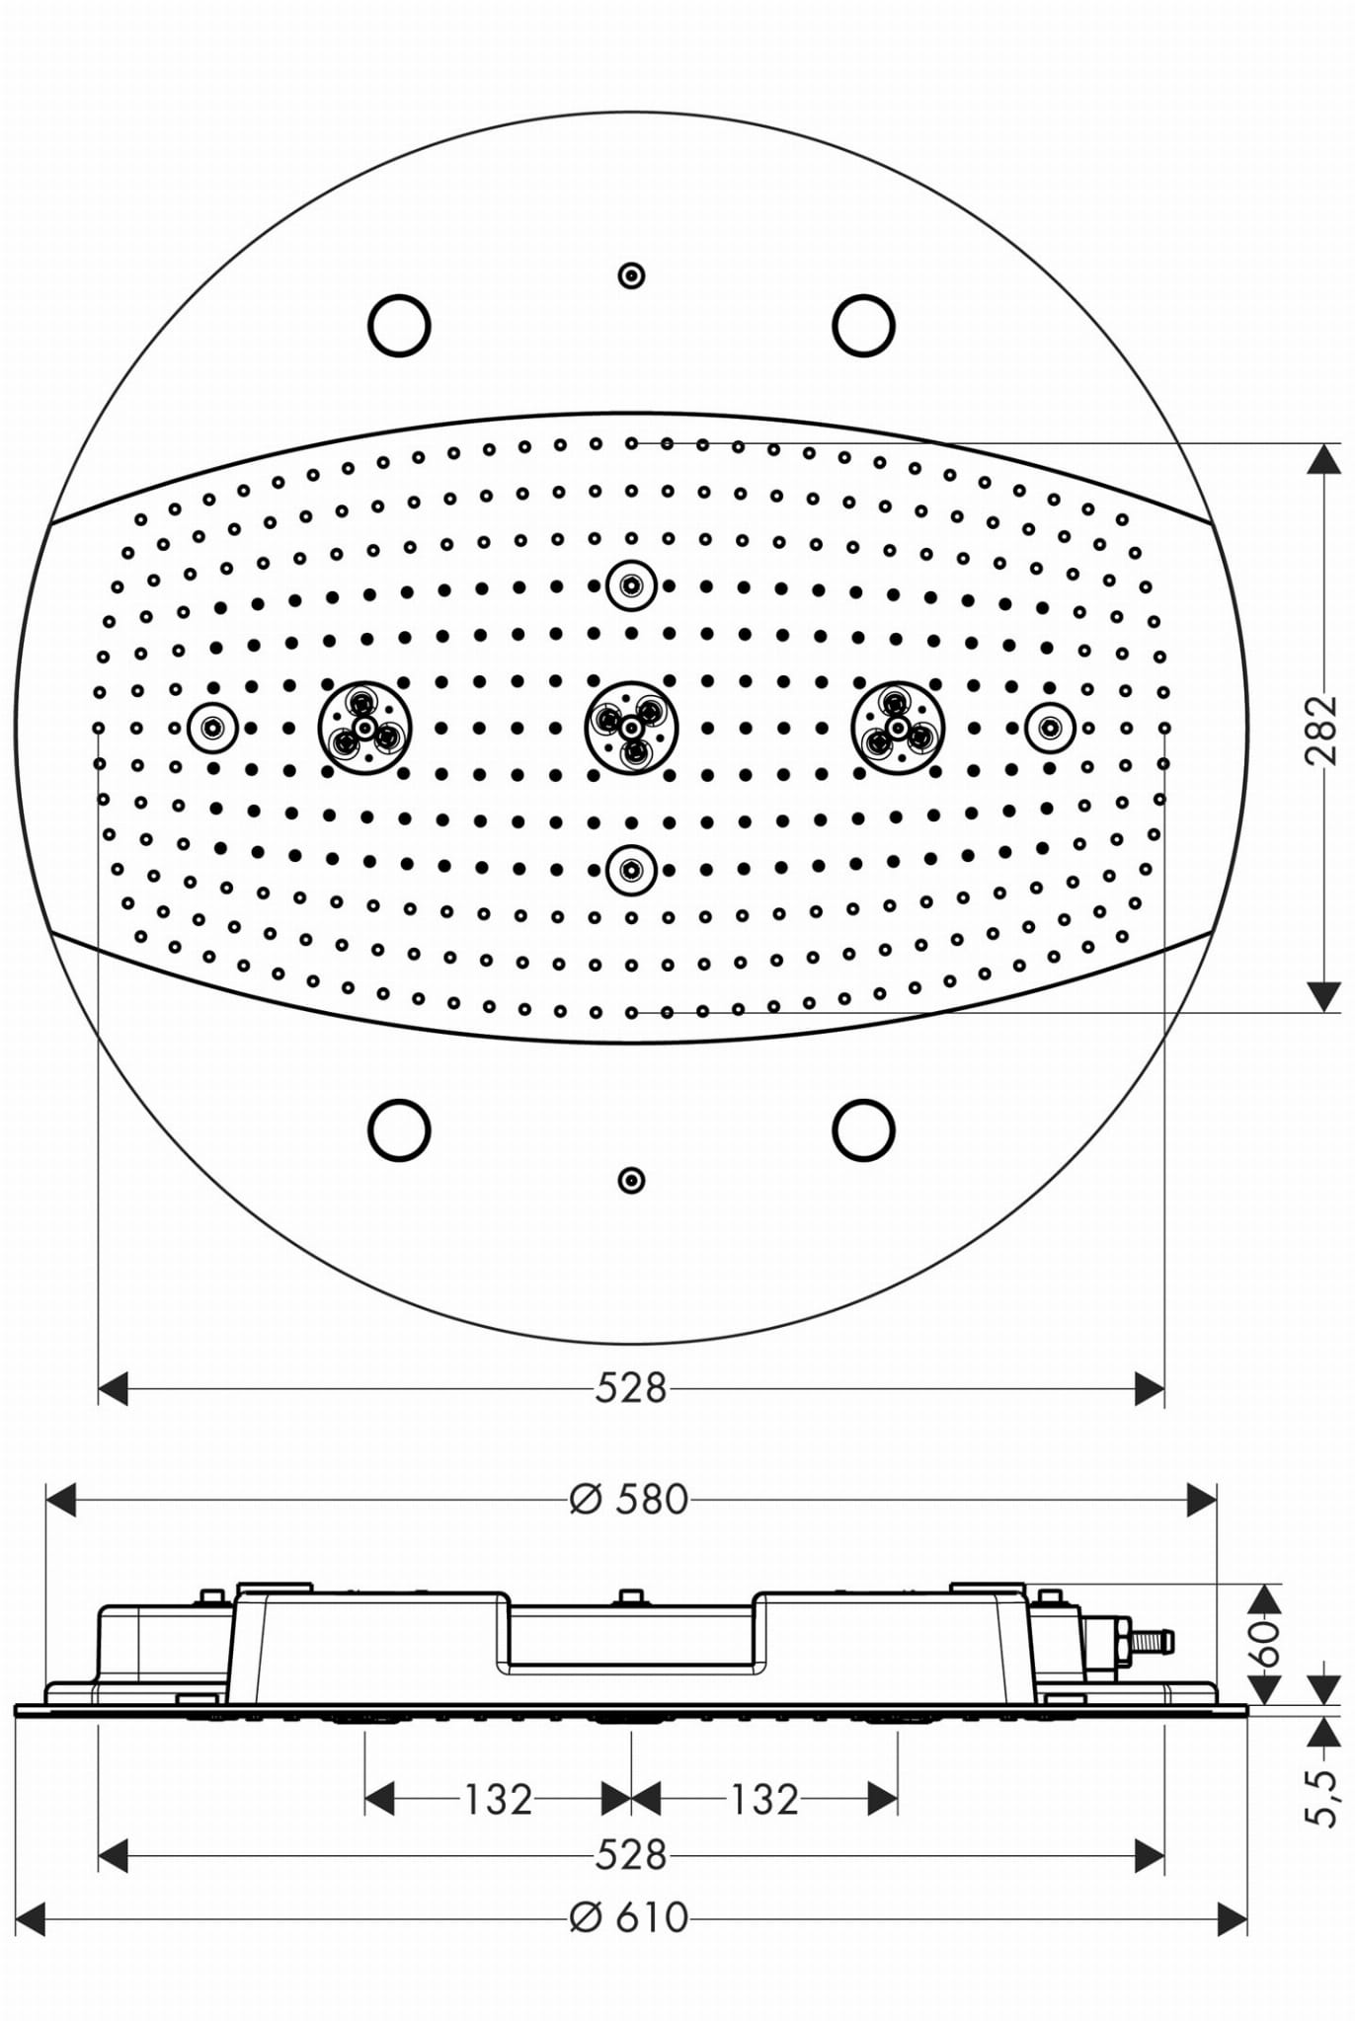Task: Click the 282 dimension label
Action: (x=1321, y=730)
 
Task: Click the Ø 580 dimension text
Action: (x=629, y=1500)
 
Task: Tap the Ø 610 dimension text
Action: (x=629, y=1917)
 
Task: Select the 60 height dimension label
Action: (x=1265, y=1642)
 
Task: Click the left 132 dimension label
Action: (x=498, y=1800)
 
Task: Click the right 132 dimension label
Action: (x=763, y=1800)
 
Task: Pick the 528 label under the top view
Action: (x=631, y=1388)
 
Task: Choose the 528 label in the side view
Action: (x=631, y=1855)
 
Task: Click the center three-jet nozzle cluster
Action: (x=631, y=728)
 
